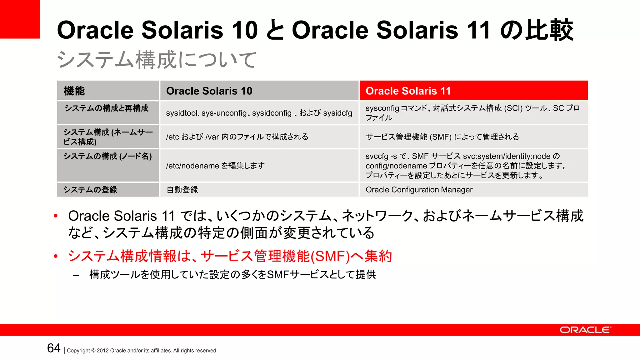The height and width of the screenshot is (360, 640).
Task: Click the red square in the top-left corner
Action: pyautogui.click(x=20, y=19)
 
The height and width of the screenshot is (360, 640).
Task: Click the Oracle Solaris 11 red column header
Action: pyautogui.click(x=473, y=91)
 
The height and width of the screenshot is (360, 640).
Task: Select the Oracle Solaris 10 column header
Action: pyautogui.click(x=259, y=91)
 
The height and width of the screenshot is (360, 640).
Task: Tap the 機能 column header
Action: pyautogui.click(x=108, y=91)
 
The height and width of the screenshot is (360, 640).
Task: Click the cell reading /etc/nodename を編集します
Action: pyautogui.click(x=259, y=166)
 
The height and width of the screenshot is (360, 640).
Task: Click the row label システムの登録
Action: pyautogui.click(x=91, y=190)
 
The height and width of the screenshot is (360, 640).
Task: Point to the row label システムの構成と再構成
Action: pyautogui.click(x=106, y=108)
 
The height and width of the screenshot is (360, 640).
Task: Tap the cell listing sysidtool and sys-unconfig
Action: pyautogui.click(x=259, y=113)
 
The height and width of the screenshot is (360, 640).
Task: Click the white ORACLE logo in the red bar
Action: pyautogui.click(x=585, y=330)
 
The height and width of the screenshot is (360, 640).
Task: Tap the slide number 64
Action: pyautogui.click(x=53, y=348)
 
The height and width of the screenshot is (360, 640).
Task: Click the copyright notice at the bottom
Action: pyautogui.click(x=142, y=351)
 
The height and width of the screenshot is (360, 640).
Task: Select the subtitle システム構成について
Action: pyautogui.click(x=156, y=60)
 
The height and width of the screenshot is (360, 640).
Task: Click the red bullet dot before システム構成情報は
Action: pyautogui.click(x=56, y=257)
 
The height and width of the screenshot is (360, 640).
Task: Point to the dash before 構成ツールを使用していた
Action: pyautogui.click(x=76, y=275)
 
